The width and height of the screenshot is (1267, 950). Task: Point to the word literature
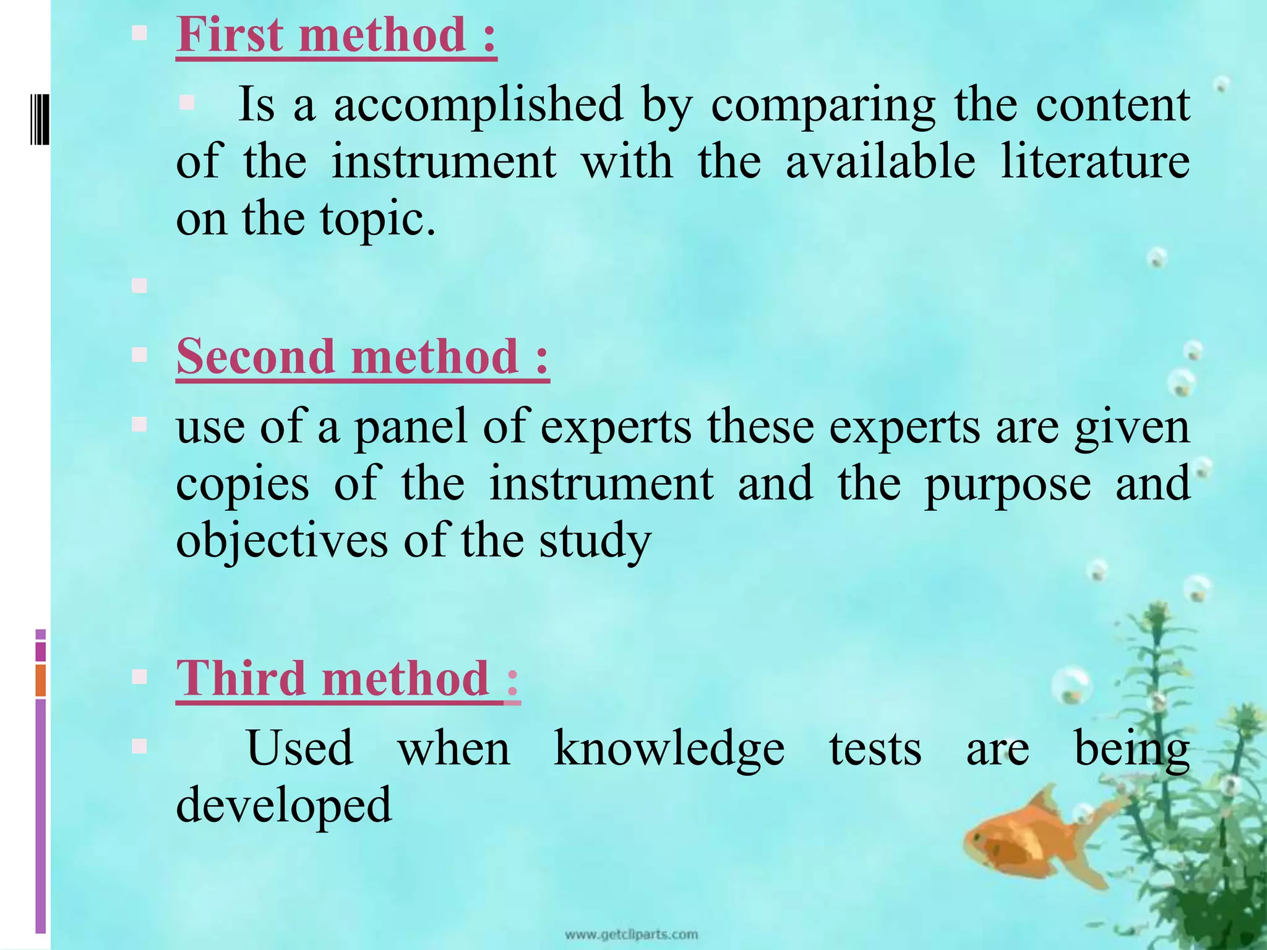point(1095,162)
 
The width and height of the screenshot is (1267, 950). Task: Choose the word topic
point(377,220)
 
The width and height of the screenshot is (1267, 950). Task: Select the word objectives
point(281,541)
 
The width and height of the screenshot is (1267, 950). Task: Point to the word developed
point(284,805)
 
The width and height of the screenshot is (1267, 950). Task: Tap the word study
point(595,541)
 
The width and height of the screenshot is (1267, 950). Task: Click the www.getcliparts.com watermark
point(631,934)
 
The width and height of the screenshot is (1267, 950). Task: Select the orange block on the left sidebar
point(41,680)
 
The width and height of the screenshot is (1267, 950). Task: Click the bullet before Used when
point(139,747)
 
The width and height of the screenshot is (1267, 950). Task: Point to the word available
point(880,162)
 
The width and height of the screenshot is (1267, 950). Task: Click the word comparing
point(823,105)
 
